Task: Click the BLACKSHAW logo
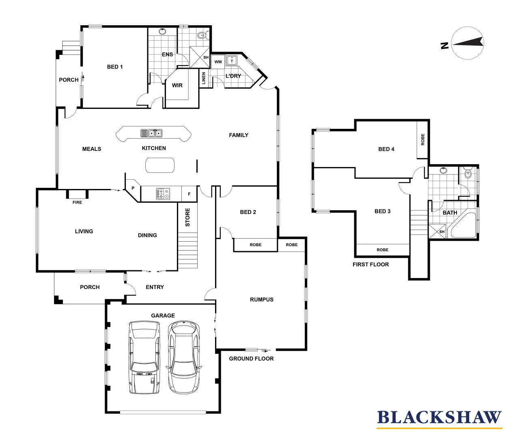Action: (439, 418)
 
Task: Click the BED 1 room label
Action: (115, 67)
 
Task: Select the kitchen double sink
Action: (151, 133)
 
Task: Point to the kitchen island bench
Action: (160, 165)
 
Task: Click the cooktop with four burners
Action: (163, 194)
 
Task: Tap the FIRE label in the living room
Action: (77, 202)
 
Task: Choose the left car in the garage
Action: (144, 357)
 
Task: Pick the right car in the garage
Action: (184, 357)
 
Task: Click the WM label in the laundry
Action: (218, 62)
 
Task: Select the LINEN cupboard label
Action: (204, 78)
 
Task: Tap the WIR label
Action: (177, 85)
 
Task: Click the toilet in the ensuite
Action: (203, 35)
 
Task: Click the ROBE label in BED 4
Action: (423, 139)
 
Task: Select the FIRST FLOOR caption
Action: (371, 265)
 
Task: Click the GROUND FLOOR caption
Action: (251, 359)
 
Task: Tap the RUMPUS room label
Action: (262, 300)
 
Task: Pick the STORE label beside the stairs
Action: (187, 217)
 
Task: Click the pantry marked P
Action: (133, 188)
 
